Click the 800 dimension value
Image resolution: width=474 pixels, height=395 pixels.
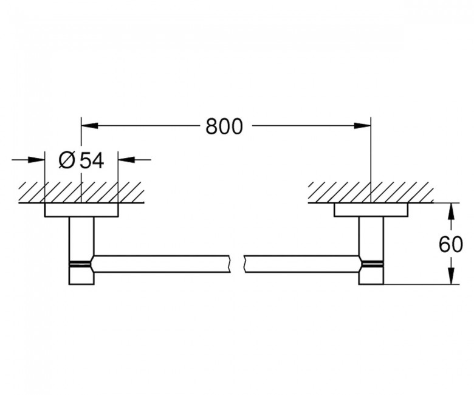pyautogui.click(x=224, y=126)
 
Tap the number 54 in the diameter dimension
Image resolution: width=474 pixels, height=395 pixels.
pyautogui.click(x=92, y=160)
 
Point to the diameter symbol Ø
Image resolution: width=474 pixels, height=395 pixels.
pyautogui.click(x=66, y=160)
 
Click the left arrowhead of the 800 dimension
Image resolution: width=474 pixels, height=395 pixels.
pyautogui.click(x=90, y=125)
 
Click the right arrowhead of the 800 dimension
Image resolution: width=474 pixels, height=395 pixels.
pyautogui.click(x=362, y=125)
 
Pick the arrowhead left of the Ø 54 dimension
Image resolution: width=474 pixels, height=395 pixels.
pyautogui.click(x=36, y=160)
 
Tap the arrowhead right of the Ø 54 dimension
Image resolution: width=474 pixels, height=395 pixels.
pyautogui.click(x=126, y=159)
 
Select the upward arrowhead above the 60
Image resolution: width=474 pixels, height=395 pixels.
pyautogui.click(x=451, y=211)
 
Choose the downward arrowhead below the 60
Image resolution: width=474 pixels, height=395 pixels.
pyautogui.click(x=451, y=276)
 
